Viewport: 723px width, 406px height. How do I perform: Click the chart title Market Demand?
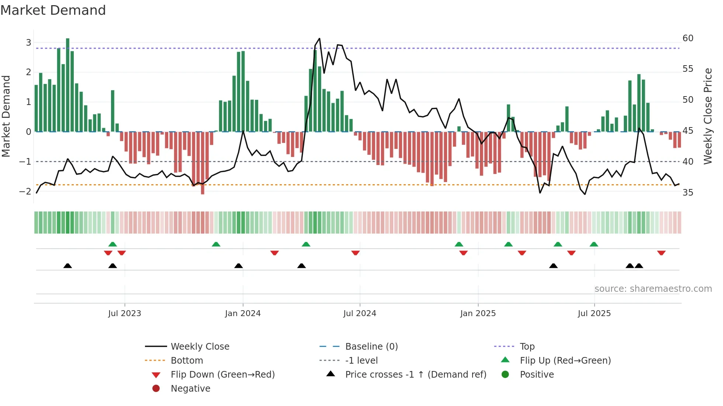coord(53,10)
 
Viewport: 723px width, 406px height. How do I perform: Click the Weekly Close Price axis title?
coord(708,116)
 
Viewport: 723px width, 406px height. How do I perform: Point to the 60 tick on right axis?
coord(688,38)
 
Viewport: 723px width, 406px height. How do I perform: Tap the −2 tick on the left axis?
coord(25,191)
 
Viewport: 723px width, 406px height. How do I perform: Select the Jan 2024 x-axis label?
coord(243,314)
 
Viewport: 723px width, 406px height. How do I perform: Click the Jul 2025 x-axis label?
coord(594,314)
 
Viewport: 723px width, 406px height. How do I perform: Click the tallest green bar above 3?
coord(68,85)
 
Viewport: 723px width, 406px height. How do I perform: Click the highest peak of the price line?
coord(319,39)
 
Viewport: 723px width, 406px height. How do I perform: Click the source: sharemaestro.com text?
coord(653,289)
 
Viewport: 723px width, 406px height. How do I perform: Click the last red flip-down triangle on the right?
coord(661,253)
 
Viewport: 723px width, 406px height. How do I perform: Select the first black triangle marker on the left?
coord(68,266)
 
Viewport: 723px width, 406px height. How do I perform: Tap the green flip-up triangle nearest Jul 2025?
coord(594,244)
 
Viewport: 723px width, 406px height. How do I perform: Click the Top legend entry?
coord(527,347)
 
